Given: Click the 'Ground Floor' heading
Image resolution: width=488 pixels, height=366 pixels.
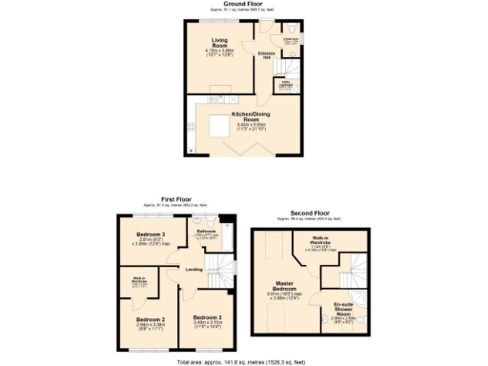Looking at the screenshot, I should point(244,4).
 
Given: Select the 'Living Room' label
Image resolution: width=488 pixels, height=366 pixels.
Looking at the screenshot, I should point(219,41).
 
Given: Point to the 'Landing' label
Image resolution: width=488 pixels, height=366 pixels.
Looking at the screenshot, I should point(193,269).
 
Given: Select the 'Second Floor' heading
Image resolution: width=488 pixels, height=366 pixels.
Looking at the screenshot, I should point(310,213).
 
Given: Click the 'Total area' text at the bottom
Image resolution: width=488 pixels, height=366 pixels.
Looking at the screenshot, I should point(243,363).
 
